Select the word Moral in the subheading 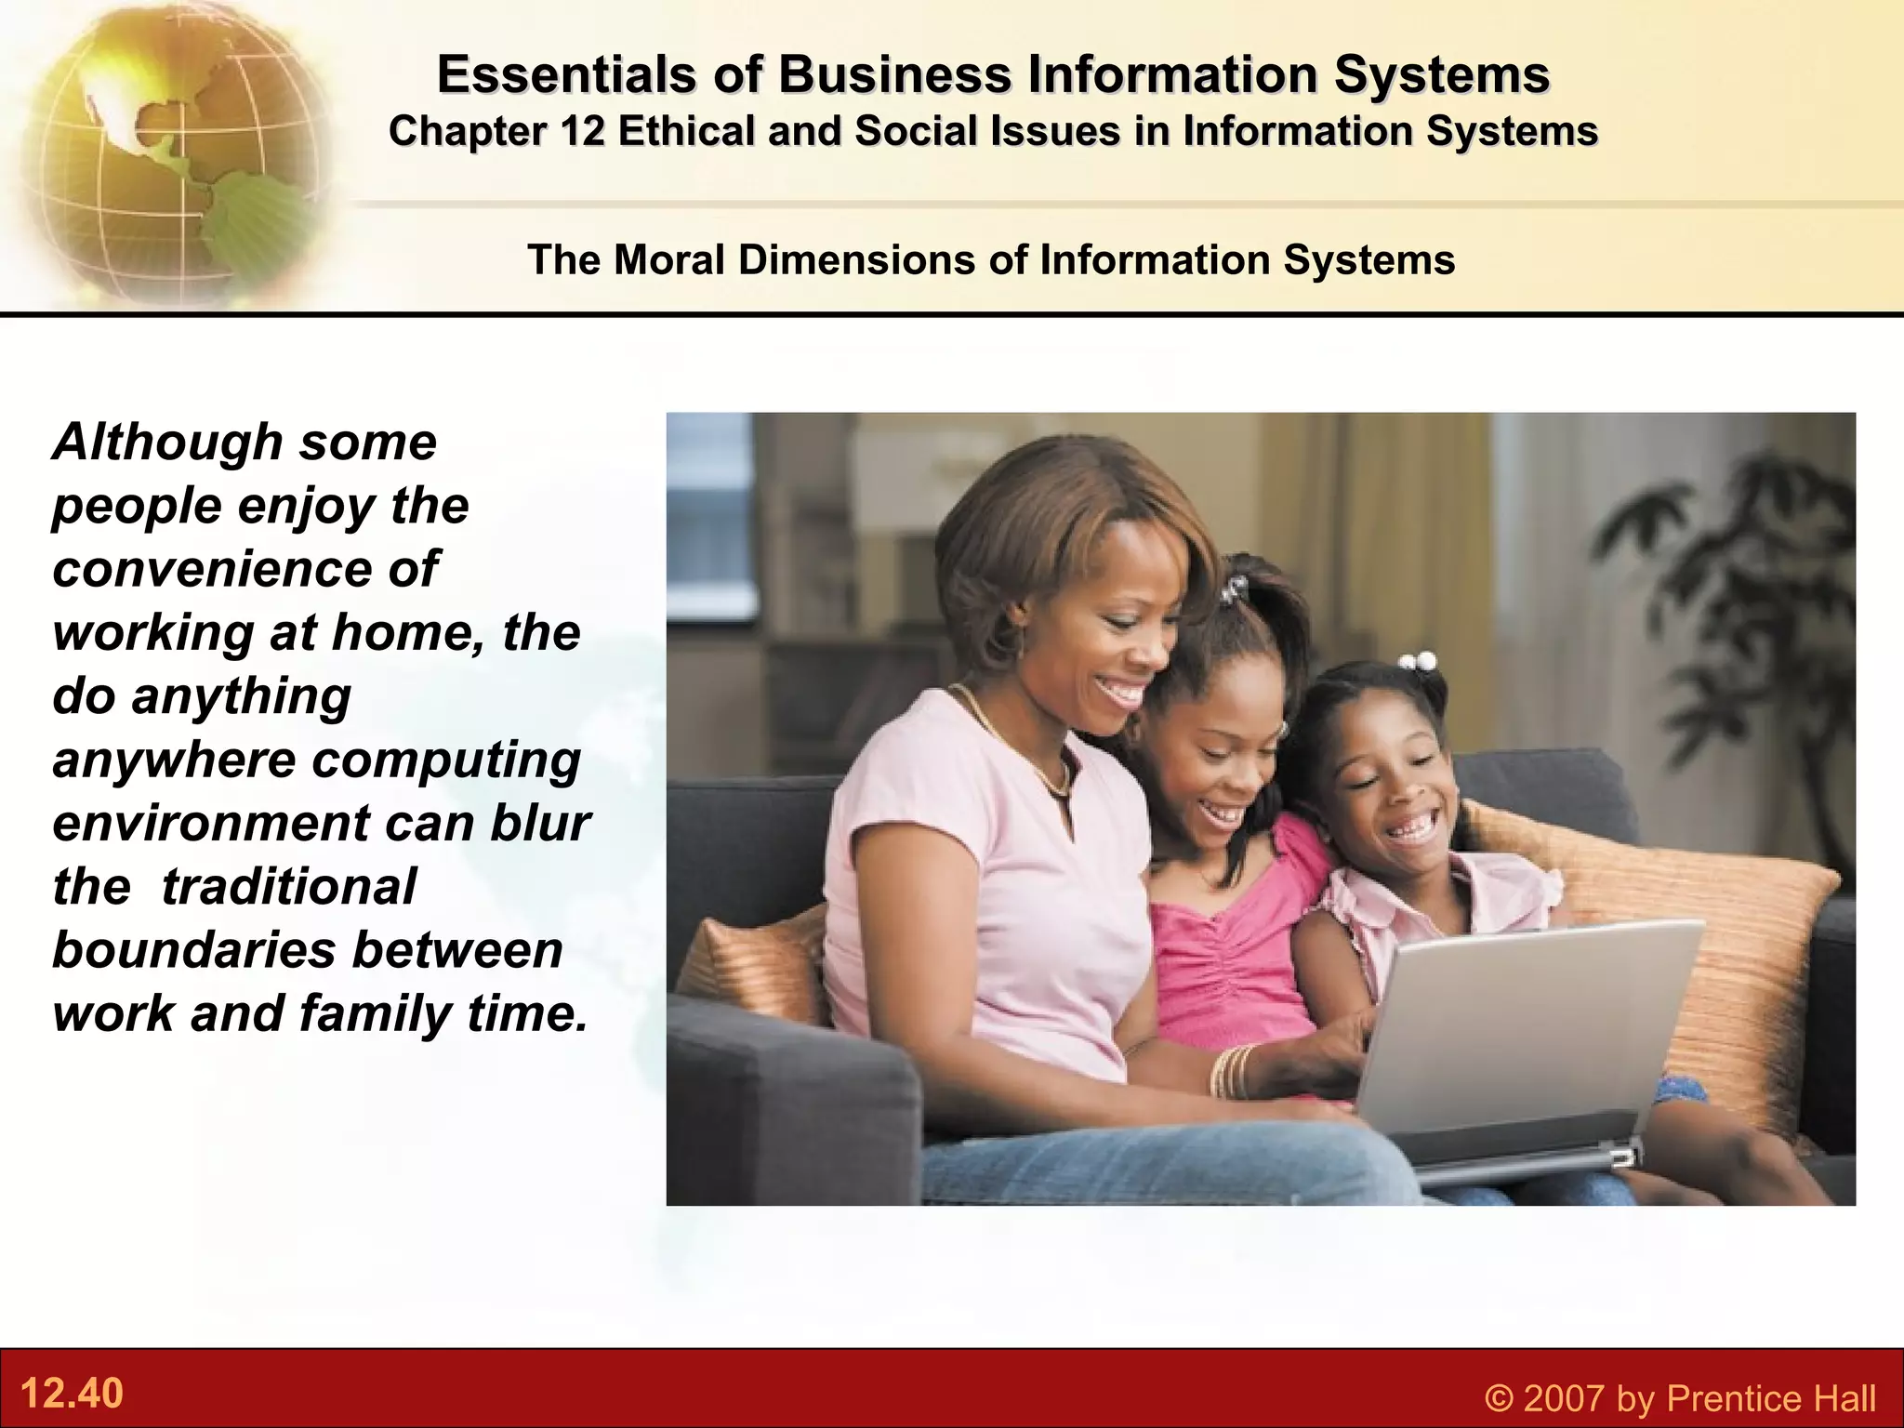click(668, 259)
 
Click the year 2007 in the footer click(1564, 1398)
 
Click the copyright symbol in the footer click(1499, 1398)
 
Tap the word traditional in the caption click(289, 886)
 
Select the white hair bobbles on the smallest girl click(1418, 661)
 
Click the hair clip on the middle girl click(1233, 588)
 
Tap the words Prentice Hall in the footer click(1771, 1398)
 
